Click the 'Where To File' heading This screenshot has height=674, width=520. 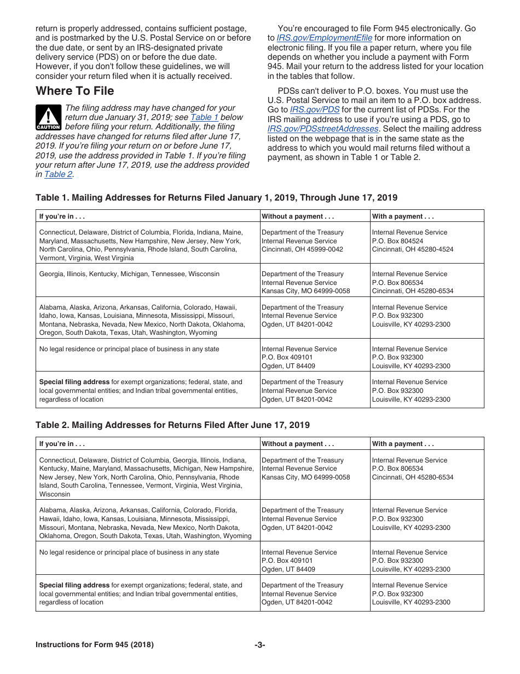coord(75,91)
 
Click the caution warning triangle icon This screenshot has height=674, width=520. coord(48,117)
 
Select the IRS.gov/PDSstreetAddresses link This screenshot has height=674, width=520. coord(323,129)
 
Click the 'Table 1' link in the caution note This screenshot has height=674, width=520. coord(204,117)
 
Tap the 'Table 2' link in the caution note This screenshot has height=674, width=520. coord(58,174)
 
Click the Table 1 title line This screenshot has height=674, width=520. coord(216,197)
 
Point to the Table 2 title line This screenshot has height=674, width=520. coord(172,425)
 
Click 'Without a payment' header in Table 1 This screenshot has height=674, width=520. coord(298,216)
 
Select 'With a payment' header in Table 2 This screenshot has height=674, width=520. coord(403,444)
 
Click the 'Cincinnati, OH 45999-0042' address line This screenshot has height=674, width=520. coord(302,249)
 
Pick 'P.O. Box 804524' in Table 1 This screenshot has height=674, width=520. coord(397,241)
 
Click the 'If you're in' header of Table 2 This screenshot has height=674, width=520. coord(62,444)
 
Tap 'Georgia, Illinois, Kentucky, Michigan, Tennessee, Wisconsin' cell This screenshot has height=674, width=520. coord(129,274)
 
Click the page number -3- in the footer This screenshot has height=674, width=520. coord(260,644)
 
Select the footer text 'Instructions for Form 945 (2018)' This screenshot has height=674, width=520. coord(94,644)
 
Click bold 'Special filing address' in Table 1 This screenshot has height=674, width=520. coord(74,382)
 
